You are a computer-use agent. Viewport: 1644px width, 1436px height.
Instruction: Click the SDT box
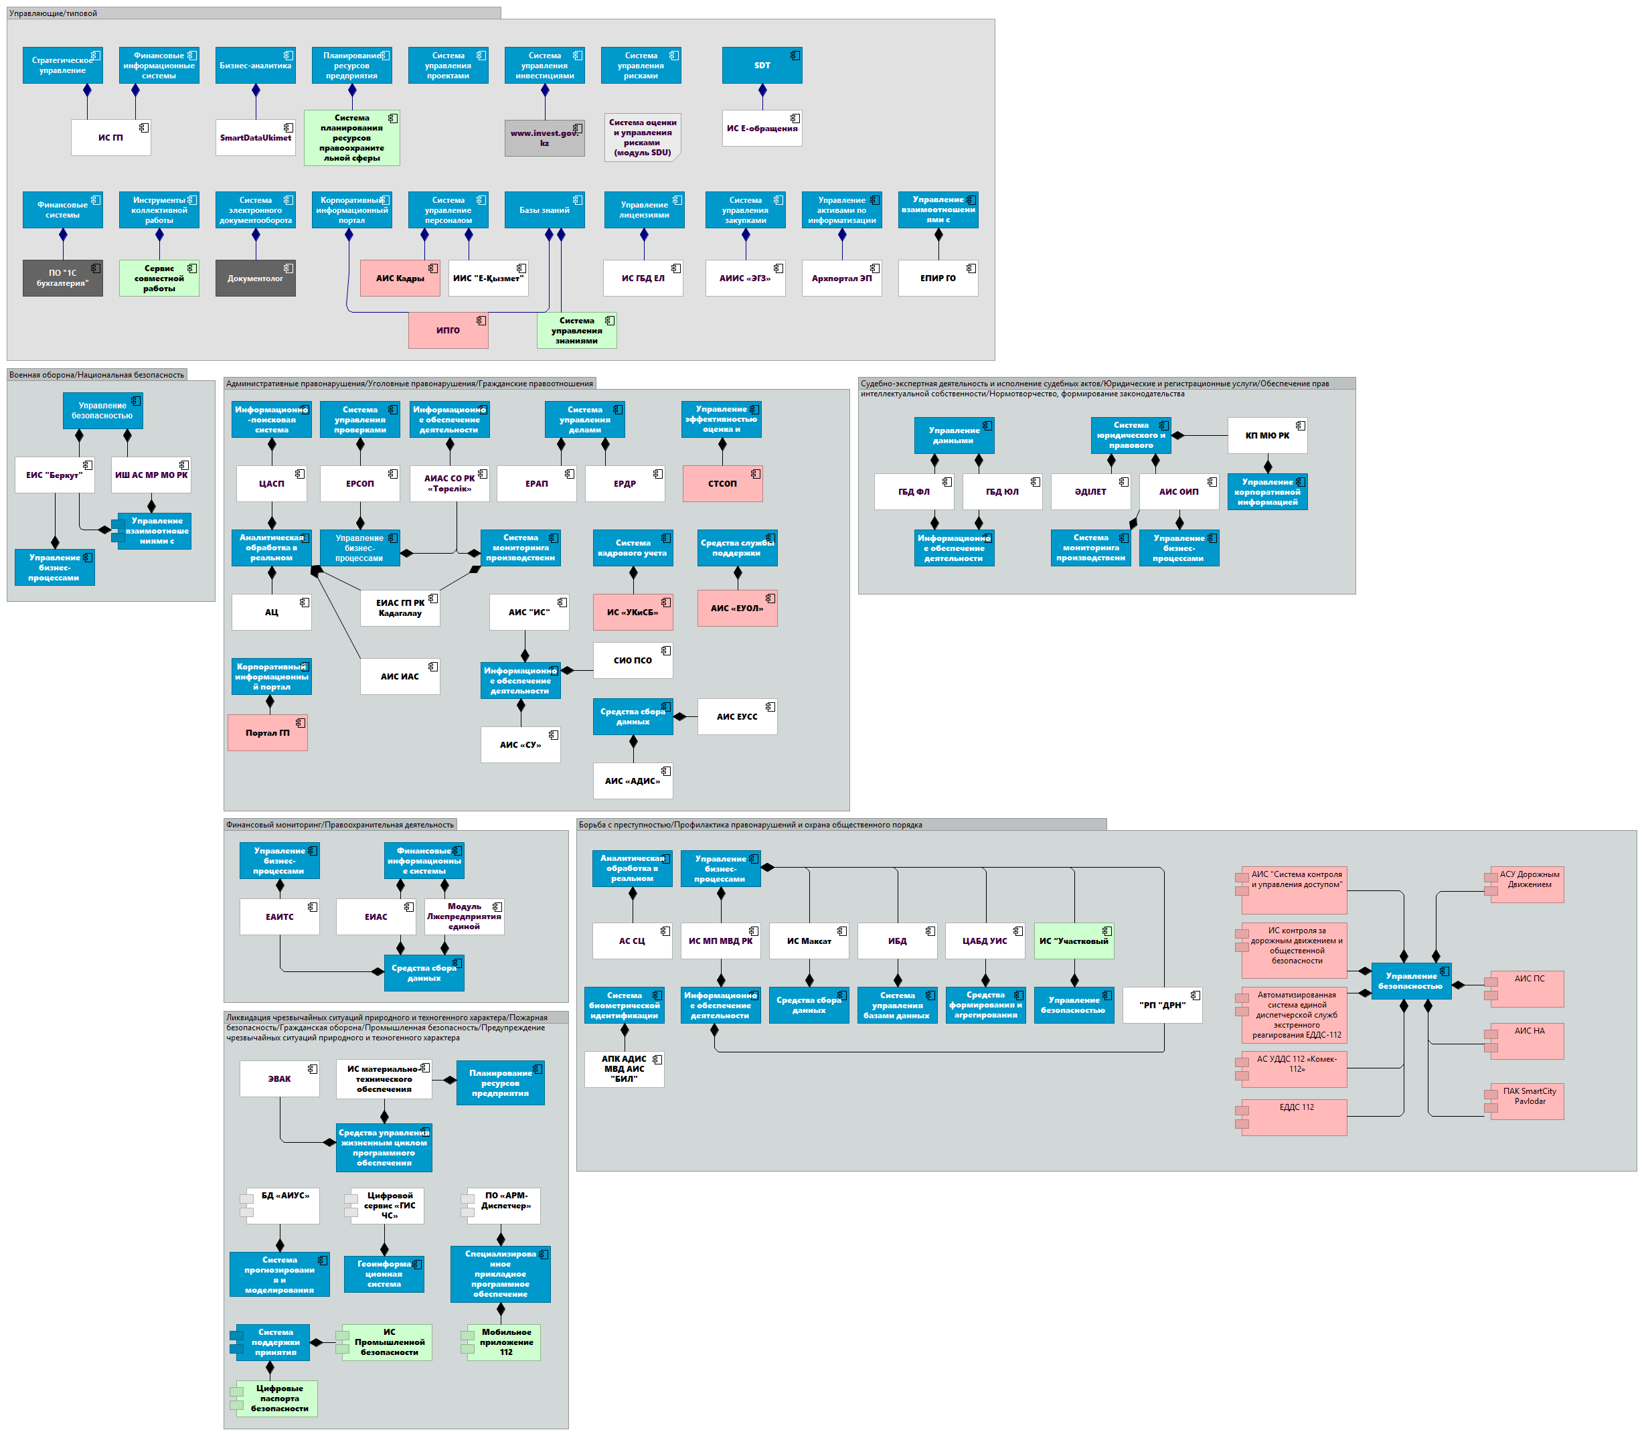[761, 66]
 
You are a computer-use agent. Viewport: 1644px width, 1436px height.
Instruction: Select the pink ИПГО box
[448, 330]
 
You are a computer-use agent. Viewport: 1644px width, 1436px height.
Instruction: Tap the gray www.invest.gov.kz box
[544, 138]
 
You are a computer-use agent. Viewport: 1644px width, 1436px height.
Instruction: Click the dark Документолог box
[255, 278]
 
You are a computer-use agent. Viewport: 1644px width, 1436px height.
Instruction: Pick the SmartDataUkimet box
[256, 138]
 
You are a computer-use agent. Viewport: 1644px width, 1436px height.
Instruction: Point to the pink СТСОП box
[722, 484]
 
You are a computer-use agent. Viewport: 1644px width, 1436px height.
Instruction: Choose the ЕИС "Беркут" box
[54, 475]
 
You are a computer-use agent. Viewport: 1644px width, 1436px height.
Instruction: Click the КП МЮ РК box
[1266, 436]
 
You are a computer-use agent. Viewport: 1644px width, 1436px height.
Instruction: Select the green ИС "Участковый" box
[1074, 941]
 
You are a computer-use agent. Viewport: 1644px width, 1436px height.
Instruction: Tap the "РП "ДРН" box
[1161, 1005]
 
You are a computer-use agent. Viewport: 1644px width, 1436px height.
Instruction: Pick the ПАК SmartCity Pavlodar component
[1529, 1101]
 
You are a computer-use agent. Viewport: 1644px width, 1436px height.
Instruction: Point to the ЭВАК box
[280, 1079]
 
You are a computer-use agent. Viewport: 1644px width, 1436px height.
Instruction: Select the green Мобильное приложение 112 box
[505, 1342]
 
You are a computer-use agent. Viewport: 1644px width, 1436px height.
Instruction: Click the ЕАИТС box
[280, 916]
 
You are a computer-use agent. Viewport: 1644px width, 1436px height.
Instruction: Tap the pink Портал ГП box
[268, 733]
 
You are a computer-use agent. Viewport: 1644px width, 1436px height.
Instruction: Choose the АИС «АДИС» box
[632, 781]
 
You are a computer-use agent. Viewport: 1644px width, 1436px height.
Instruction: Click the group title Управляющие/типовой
[53, 13]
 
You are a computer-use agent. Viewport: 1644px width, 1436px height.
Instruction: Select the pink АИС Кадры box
[400, 278]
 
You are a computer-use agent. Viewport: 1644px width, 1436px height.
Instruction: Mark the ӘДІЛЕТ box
[1090, 492]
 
